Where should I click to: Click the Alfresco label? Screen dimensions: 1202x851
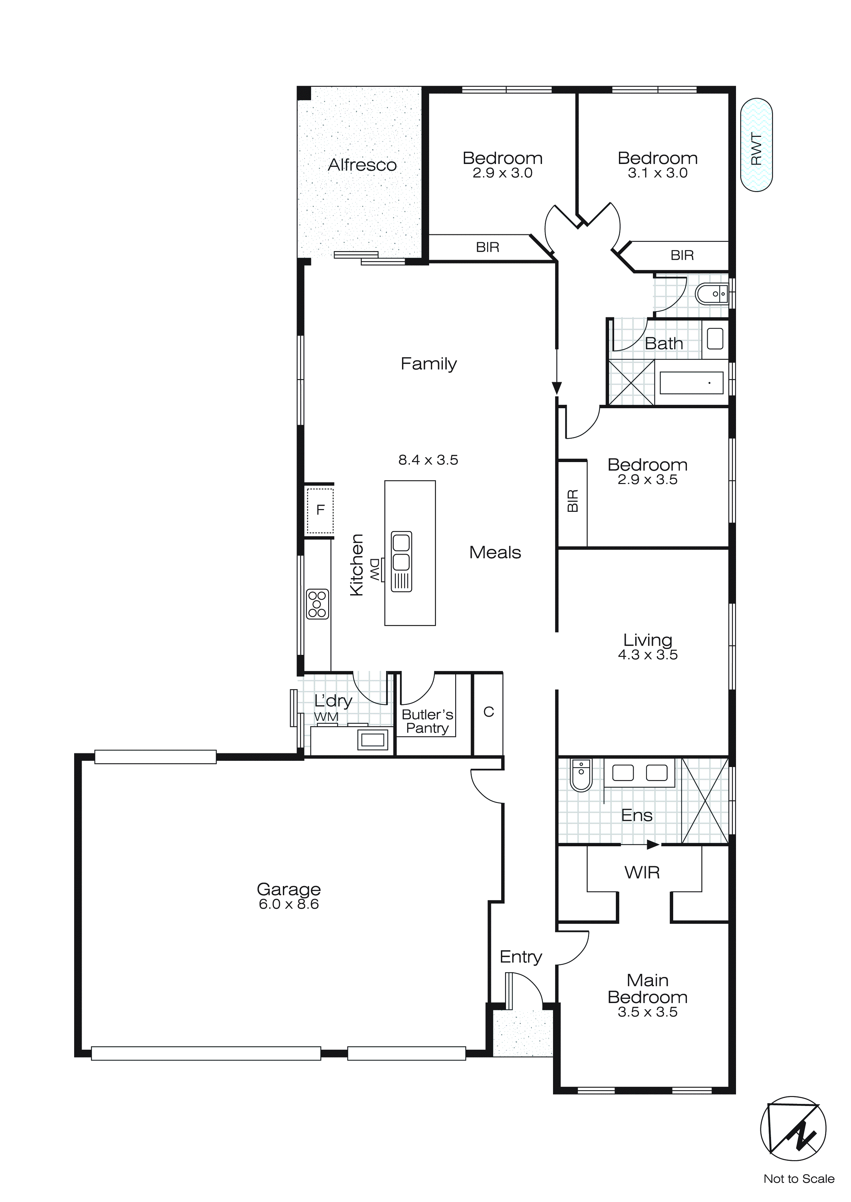(362, 165)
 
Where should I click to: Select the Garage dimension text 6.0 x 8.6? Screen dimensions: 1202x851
(289, 904)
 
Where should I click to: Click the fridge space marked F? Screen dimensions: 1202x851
(320, 509)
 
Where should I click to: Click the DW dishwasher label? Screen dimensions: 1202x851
(375, 568)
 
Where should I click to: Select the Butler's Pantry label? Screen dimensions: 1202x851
(427, 721)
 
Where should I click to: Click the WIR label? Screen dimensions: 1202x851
(642, 873)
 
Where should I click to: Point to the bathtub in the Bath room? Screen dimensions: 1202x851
(691, 383)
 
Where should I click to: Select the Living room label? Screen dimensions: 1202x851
(648, 640)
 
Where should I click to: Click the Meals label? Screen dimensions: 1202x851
(495, 552)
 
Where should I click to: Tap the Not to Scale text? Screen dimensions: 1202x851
(798, 1179)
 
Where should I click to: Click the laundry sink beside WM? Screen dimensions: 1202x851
(372, 740)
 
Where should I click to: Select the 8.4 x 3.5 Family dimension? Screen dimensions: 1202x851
(428, 460)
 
